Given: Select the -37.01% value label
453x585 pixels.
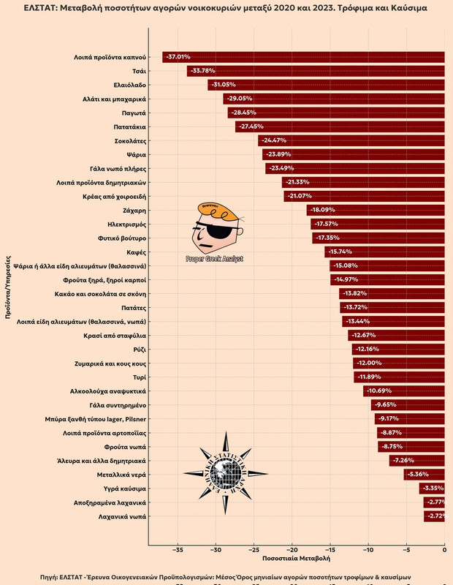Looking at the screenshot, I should [179, 57].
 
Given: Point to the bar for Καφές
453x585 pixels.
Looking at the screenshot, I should [385, 252].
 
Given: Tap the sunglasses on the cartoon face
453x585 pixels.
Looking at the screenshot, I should [218, 233].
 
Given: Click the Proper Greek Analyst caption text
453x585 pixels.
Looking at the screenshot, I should [215, 259].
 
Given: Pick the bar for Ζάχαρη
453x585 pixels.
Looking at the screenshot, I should [376, 210].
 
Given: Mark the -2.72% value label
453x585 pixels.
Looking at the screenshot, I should [435, 516].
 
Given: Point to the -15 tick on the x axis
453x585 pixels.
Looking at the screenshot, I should [330, 550].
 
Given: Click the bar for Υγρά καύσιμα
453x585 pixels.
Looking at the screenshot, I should [432, 488].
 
